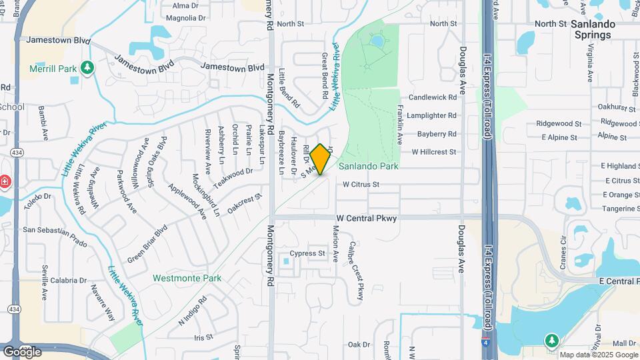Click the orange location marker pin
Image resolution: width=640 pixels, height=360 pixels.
pyautogui.click(x=320, y=159)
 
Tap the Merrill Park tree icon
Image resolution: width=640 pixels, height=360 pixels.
pyautogui.click(x=86, y=67)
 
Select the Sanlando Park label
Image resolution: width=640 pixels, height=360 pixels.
pyautogui.click(x=369, y=166)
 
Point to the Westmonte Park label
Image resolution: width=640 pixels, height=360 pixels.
pyautogui.click(x=182, y=277)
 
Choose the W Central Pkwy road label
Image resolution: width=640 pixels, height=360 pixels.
pyautogui.click(x=366, y=218)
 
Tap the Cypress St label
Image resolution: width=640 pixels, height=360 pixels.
pyautogui.click(x=307, y=253)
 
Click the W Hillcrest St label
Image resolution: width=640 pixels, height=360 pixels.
pyautogui.click(x=433, y=152)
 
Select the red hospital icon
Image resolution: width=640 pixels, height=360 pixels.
pyautogui.click(x=4, y=181)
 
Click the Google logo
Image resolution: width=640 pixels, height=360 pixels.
pyautogui.click(x=21, y=351)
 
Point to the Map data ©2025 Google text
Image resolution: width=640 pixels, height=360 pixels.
pyautogui.click(x=599, y=355)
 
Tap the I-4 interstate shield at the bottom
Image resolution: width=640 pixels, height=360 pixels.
pyautogui.click(x=485, y=345)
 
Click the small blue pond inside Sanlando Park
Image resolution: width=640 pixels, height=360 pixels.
pyautogui.click(x=377, y=41)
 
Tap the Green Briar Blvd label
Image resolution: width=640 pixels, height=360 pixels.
pyautogui.click(x=147, y=243)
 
